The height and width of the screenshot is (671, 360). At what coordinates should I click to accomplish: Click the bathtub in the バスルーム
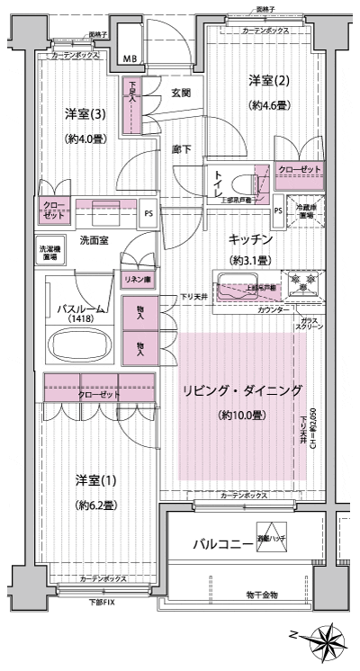78,344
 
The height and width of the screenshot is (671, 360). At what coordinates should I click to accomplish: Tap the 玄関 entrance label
180,93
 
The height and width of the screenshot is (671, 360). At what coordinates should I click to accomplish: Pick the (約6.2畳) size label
94,505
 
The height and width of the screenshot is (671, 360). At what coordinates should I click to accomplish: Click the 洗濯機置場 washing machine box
49,252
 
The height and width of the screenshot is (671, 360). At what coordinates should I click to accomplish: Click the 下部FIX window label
102,602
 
